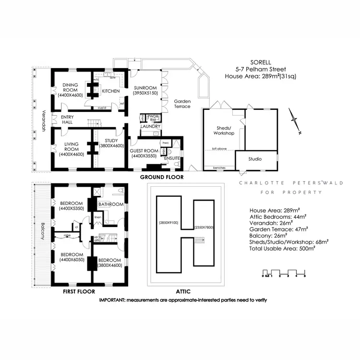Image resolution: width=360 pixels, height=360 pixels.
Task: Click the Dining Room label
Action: coord(70,86)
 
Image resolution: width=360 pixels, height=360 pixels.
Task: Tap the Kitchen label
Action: coord(110,91)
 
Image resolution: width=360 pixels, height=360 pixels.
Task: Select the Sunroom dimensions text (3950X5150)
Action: coord(144,93)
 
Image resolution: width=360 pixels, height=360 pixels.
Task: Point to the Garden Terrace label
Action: coord(182,104)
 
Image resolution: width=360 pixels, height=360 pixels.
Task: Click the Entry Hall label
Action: coord(66,120)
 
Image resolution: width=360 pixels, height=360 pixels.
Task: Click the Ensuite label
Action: coord(171,158)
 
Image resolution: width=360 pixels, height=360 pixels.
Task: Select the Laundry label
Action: coord(150,126)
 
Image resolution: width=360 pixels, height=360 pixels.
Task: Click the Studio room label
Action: coord(255,158)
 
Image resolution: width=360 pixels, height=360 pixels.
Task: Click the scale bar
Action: coord(284,274)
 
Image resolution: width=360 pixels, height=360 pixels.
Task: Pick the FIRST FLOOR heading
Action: coord(79,291)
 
